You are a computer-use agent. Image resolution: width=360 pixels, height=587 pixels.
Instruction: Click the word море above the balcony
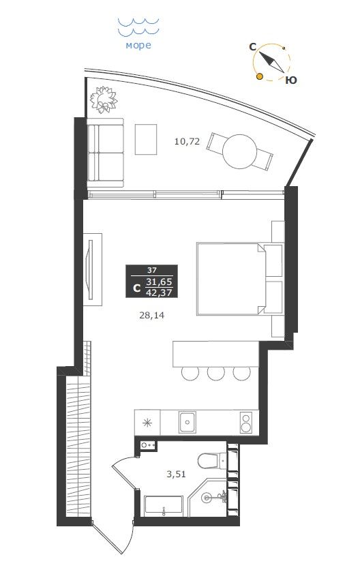tap(138, 46)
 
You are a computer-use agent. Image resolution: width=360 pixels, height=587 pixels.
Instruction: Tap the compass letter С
tap(252, 47)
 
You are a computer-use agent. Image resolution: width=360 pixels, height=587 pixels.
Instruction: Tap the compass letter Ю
tap(291, 80)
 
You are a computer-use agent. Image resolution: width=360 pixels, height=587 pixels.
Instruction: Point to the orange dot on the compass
tap(259, 77)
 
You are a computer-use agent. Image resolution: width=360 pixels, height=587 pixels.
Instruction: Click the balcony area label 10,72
tap(187, 142)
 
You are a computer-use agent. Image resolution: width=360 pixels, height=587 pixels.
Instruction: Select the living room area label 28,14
tap(151, 316)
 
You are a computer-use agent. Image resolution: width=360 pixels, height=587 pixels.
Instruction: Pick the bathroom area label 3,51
tap(176, 475)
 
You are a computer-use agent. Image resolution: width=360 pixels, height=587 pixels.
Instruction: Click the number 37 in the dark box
tap(151, 269)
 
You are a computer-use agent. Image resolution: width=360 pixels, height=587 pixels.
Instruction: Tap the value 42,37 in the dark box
tap(159, 292)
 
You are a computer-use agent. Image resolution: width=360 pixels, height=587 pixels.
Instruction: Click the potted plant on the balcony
tap(103, 100)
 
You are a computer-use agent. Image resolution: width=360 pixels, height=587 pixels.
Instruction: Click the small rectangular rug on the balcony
tap(146, 139)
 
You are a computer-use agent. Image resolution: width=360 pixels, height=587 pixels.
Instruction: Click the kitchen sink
tap(187, 422)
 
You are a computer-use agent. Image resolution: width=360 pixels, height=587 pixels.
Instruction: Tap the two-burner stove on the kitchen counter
tap(245, 422)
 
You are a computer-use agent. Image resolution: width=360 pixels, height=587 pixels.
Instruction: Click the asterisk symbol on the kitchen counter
tap(147, 423)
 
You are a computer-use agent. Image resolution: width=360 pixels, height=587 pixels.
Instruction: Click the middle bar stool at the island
tap(216, 372)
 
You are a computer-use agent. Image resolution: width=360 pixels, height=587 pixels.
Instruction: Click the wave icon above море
tap(138, 27)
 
